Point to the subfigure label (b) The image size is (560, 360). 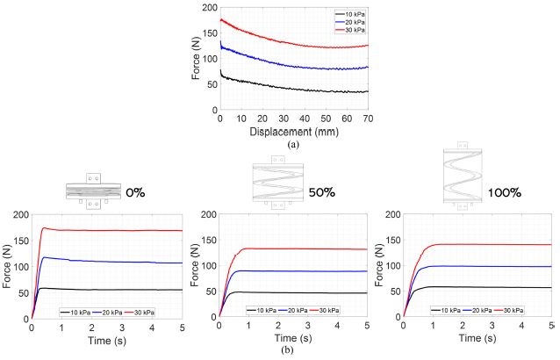279,350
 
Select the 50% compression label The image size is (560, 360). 321,191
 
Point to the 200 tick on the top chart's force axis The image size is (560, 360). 207,8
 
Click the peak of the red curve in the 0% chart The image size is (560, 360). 44,228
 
